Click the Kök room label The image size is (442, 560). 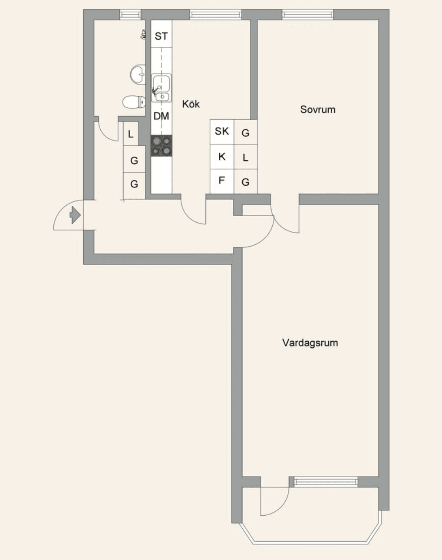pos(191,104)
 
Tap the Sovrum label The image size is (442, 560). pos(317,109)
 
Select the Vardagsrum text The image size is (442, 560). pos(310,343)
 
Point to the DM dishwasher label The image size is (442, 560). pos(161,116)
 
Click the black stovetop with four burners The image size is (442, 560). pos(162,146)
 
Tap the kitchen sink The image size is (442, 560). pos(162,88)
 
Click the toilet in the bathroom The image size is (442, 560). pos(134,102)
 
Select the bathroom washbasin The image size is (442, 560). pos(138,74)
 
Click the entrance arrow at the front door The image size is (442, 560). pos(75,215)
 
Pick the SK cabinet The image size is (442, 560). pos(222,132)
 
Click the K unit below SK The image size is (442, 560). pos(222,157)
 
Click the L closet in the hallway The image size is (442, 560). pos(131,134)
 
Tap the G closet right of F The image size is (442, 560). pos(245,181)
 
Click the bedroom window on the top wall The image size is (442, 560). pos(308,14)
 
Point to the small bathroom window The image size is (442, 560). pos(130,14)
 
